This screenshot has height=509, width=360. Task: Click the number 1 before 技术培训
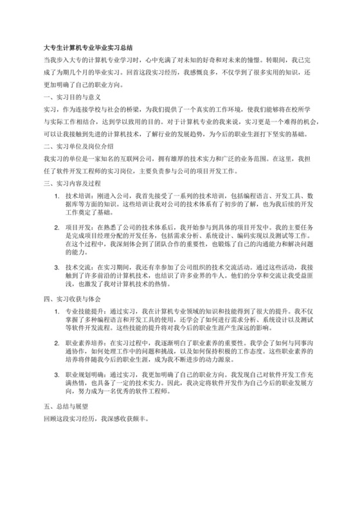click(x=59, y=196)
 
